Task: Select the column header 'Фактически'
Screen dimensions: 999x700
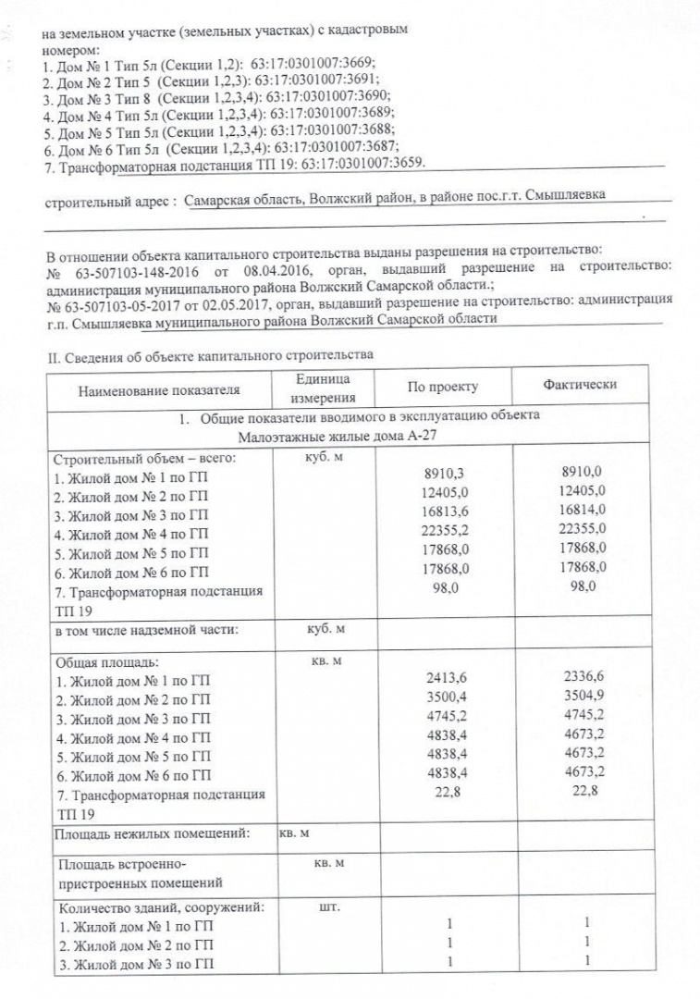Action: (x=580, y=385)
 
